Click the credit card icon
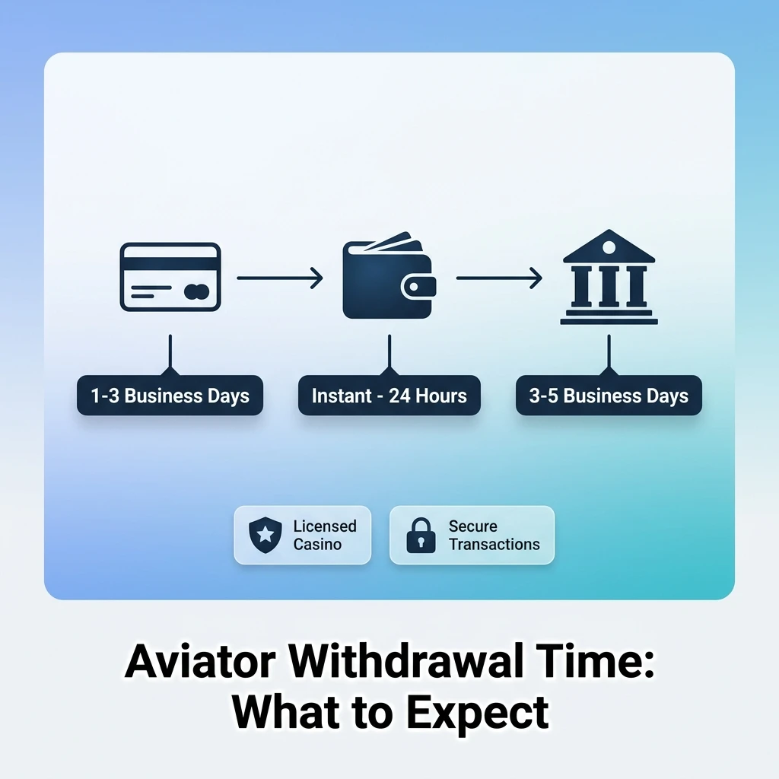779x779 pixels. tap(170, 276)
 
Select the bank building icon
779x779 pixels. tap(609, 277)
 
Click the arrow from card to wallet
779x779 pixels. tap(280, 278)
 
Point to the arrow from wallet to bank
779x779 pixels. tap(499, 278)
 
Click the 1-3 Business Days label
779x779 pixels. tap(170, 396)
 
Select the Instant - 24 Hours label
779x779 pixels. tap(389, 396)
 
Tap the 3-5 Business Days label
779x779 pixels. tap(609, 396)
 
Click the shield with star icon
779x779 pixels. tap(265, 536)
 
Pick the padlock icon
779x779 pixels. tap(420, 536)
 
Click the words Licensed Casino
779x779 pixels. tap(325, 536)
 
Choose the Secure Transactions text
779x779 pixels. tap(494, 536)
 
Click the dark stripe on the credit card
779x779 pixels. tap(170, 263)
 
